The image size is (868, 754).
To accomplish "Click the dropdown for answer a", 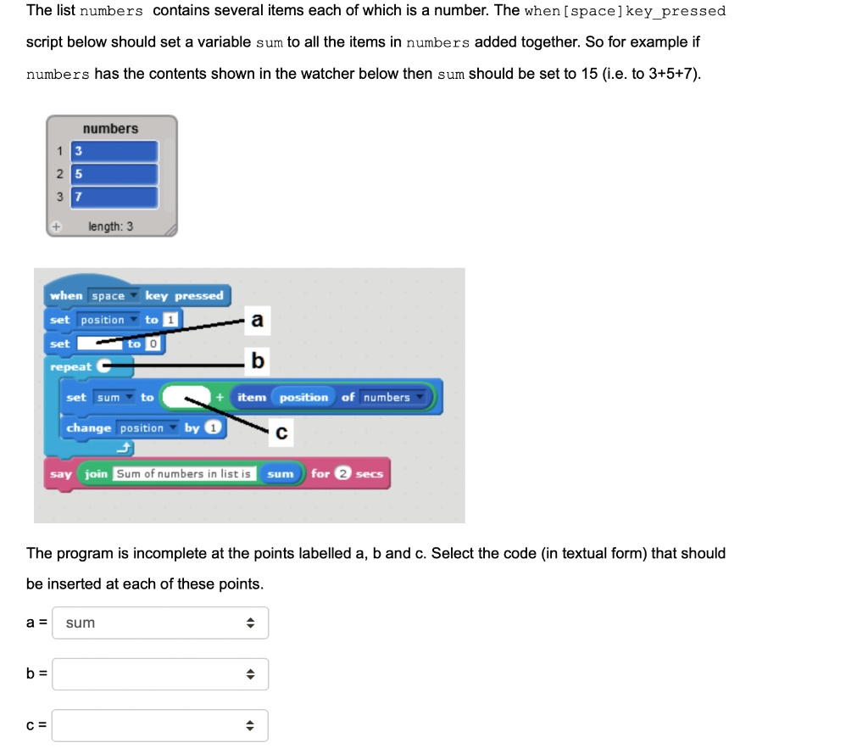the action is pyautogui.click(x=160, y=623).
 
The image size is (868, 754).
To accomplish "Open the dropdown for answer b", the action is pyautogui.click(x=160, y=675).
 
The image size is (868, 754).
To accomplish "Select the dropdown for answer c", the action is pyautogui.click(x=160, y=726).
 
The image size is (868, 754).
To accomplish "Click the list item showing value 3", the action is pyautogui.click(x=115, y=152).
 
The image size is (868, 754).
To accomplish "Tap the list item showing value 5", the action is pyautogui.click(x=115, y=175).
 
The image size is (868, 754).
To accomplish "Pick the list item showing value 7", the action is pyautogui.click(x=115, y=197).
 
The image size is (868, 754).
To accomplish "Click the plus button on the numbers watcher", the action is pyautogui.click(x=57, y=227).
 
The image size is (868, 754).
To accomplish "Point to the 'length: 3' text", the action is pyautogui.click(x=110, y=226).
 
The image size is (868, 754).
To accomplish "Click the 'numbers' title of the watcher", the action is pyautogui.click(x=110, y=129).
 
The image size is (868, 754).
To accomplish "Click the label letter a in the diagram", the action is pyautogui.click(x=258, y=320).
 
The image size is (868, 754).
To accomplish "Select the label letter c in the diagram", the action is pyautogui.click(x=281, y=433).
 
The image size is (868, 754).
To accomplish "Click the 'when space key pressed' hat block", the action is pyautogui.click(x=136, y=295).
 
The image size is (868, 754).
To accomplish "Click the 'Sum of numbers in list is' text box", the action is pyautogui.click(x=184, y=474).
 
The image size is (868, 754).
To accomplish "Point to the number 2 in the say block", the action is pyautogui.click(x=342, y=474).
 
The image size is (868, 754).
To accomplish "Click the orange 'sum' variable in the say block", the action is pyautogui.click(x=280, y=474).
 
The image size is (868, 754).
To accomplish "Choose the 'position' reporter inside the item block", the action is pyautogui.click(x=303, y=398).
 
